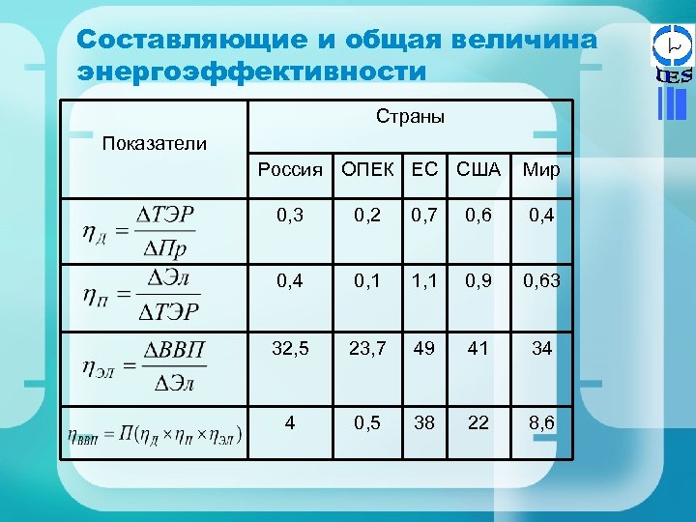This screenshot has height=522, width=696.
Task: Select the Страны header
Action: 410,117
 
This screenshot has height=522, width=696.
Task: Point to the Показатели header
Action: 155,144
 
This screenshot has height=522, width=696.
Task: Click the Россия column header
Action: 290,170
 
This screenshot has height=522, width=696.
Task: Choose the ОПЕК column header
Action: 367,170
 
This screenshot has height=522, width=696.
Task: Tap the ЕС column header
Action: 424,170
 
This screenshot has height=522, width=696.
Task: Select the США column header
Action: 478,170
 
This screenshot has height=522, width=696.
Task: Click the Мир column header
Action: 541,171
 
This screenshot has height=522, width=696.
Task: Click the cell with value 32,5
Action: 290,348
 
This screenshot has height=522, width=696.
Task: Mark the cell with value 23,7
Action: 367,348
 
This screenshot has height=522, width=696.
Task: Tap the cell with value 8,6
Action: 541,422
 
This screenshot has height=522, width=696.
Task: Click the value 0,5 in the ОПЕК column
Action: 367,422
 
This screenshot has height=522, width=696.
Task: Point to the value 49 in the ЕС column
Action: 424,348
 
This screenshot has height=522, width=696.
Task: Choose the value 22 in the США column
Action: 478,422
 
